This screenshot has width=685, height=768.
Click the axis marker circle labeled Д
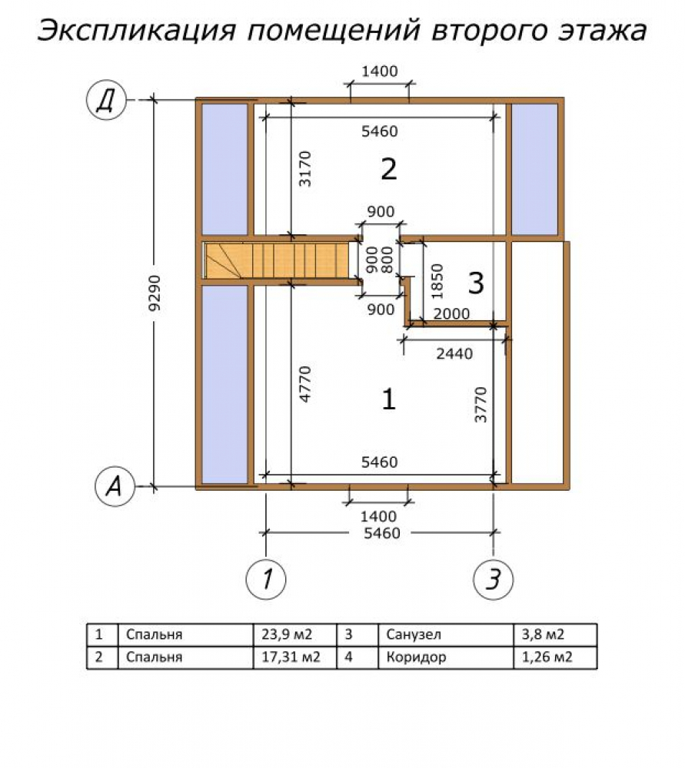pos(106,100)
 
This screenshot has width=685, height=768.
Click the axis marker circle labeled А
pos(115,486)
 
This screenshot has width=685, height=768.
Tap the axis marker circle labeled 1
pos(266,578)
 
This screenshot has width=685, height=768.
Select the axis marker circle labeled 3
pos(494,579)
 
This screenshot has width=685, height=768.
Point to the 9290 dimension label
pos(155,293)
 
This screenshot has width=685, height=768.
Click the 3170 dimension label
pos(305,168)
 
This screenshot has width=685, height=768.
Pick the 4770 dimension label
pos(305,384)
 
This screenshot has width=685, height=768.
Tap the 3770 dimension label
pos(481,405)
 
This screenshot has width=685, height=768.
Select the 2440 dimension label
pos(454,353)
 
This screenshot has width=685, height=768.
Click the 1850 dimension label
pos(437,281)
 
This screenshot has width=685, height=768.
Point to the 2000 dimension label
pos(451,313)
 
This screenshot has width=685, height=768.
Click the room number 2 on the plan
pos(389,169)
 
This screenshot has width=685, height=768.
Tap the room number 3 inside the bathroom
pos(476,283)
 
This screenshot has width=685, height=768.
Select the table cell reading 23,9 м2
pos(287,634)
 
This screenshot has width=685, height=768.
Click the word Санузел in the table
pos(414,634)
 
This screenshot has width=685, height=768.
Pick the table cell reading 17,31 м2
pos(291,657)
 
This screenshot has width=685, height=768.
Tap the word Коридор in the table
pos(416,657)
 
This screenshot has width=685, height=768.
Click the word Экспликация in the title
pos(137,31)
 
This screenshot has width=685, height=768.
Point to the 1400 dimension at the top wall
pos(380,71)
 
